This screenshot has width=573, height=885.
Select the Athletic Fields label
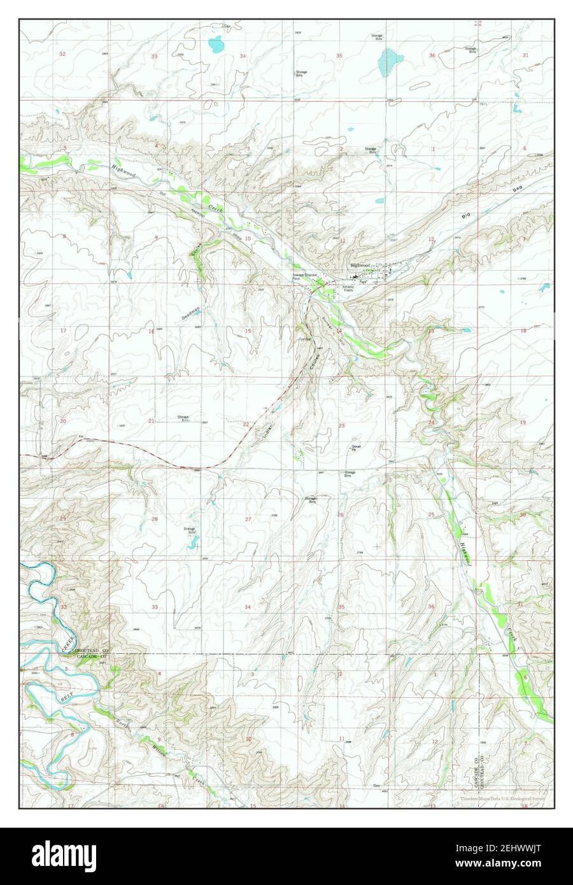pos(348,288)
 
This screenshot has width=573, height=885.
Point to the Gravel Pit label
pos(357,448)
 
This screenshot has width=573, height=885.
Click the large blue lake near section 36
pos(390,62)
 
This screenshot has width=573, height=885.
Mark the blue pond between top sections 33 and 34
pos(216,45)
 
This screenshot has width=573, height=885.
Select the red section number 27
pos(248,520)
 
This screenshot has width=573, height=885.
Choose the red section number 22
pos(246,424)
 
